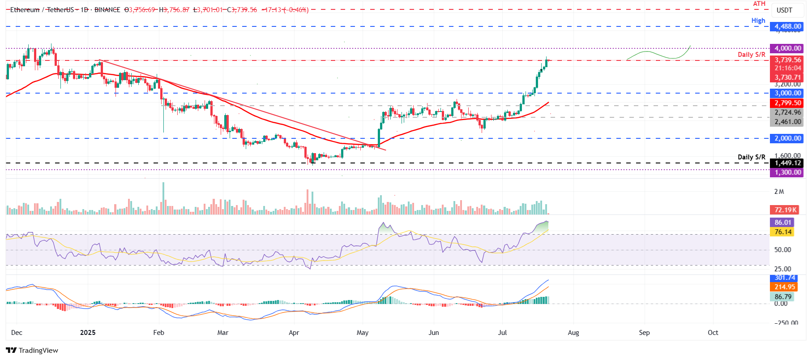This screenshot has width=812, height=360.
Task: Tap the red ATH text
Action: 759,4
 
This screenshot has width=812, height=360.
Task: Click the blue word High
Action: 758,21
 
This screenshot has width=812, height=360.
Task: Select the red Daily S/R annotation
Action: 751,55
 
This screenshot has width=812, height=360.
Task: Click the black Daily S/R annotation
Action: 751,157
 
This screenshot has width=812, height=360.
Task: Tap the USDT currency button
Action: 784,10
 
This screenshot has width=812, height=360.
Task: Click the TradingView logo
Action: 32,350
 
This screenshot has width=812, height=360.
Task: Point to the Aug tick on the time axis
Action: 573,333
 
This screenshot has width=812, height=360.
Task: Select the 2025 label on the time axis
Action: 88,333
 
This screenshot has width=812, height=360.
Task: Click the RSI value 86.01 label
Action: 782,223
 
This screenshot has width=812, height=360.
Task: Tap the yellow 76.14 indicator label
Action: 782,232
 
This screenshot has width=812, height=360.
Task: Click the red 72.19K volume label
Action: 785,210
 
